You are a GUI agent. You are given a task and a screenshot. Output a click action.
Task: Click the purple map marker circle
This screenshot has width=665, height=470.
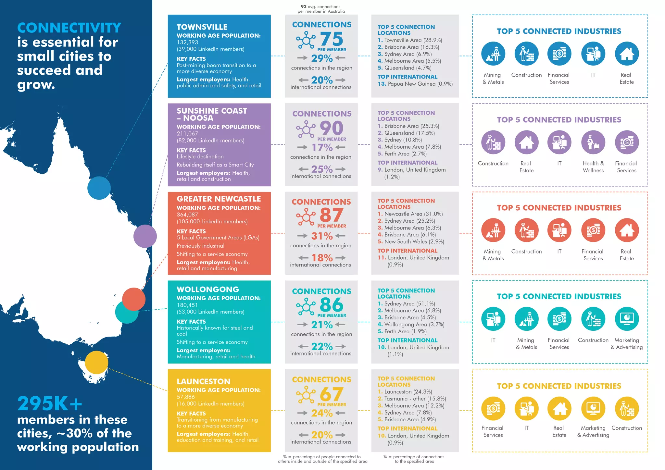click(145, 236)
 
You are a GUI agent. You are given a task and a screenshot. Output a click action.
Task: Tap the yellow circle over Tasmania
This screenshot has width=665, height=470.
click(96, 362)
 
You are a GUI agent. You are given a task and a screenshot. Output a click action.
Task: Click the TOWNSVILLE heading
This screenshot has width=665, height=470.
click(202, 27)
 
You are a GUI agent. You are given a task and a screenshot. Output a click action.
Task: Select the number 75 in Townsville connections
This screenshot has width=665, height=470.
click(331, 39)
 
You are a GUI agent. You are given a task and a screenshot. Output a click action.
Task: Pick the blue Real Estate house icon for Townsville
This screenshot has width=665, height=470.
click(626, 54)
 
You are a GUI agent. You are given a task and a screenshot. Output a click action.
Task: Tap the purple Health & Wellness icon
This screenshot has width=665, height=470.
click(593, 142)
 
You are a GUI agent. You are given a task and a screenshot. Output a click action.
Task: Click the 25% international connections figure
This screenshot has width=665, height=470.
click(322, 169)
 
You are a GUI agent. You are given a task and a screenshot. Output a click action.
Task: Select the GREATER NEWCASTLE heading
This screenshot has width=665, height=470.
click(219, 199)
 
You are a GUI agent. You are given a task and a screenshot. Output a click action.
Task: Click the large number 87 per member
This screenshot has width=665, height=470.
click(331, 215)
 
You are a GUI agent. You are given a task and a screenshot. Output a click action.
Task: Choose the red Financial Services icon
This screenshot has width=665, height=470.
click(593, 230)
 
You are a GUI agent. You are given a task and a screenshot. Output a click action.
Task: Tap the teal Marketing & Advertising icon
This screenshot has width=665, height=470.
click(626, 319)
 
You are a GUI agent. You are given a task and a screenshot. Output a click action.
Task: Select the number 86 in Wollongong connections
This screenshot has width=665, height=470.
click(331, 305)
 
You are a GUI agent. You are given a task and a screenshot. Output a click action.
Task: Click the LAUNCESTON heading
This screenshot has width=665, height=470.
click(203, 381)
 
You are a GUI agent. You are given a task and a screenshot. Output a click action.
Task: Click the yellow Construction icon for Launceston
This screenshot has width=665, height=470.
click(626, 408)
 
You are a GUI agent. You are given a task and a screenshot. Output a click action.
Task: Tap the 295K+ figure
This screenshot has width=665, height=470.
click(50, 403)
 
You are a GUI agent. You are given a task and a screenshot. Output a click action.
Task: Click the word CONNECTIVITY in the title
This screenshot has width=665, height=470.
click(69, 28)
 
